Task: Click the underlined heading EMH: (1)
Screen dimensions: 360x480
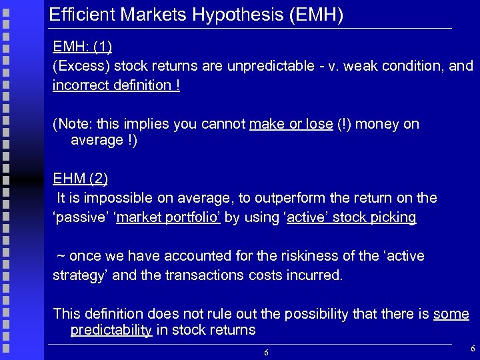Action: [82, 47]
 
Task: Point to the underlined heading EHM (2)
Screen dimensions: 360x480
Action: [80, 179]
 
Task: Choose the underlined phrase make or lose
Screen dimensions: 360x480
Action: [291, 124]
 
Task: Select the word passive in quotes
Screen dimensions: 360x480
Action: [80, 217]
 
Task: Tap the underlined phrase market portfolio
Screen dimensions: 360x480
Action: [169, 217]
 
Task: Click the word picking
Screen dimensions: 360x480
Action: [394, 217]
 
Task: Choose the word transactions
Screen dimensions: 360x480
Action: [211, 275]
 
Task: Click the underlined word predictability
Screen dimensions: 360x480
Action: [111, 331]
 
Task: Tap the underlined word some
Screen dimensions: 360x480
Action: [451, 314]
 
